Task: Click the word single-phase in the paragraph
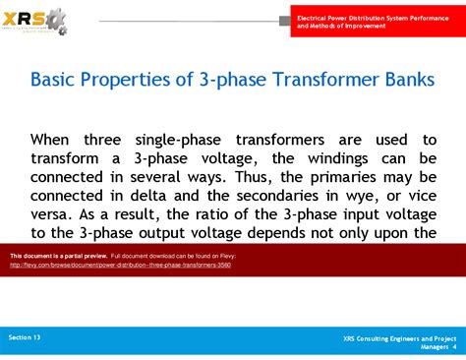point(197,140)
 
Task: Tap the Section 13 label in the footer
point(26,337)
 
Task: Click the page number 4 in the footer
point(454,346)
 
